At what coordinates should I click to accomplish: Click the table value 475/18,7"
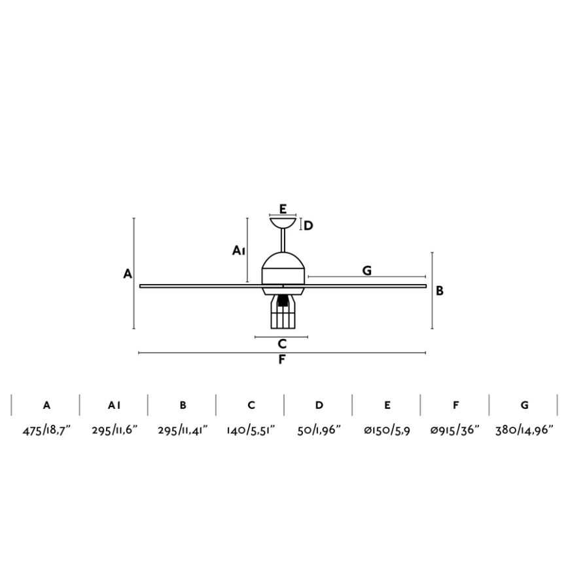[x=46, y=431]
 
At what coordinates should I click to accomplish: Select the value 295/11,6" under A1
[x=115, y=431]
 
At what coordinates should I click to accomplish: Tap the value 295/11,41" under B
[x=183, y=431]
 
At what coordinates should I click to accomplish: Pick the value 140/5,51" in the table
[x=251, y=431]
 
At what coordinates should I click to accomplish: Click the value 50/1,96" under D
[x=319, y=431]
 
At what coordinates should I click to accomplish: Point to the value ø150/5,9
[x=387, y=431]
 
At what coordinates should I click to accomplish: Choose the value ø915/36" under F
[x=455, y=431]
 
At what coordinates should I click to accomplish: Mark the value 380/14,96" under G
[x=524, y=431]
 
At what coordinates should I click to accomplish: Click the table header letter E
[x=387, y=405]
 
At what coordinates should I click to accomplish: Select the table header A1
[x=114, y=405]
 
